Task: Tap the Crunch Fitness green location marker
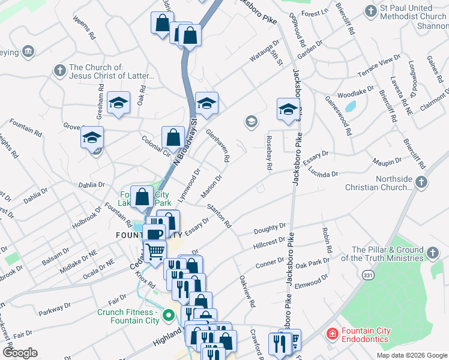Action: (x=169, y=315)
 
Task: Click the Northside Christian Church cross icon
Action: (x=422, y=182)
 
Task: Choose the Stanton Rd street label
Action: (x=220, y=216)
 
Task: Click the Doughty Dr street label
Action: (x=270, y=228)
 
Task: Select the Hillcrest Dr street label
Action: (x=269, y=241)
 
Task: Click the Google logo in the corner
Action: (x=20, y=353)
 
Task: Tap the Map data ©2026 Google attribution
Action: (x=411, y=355)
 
